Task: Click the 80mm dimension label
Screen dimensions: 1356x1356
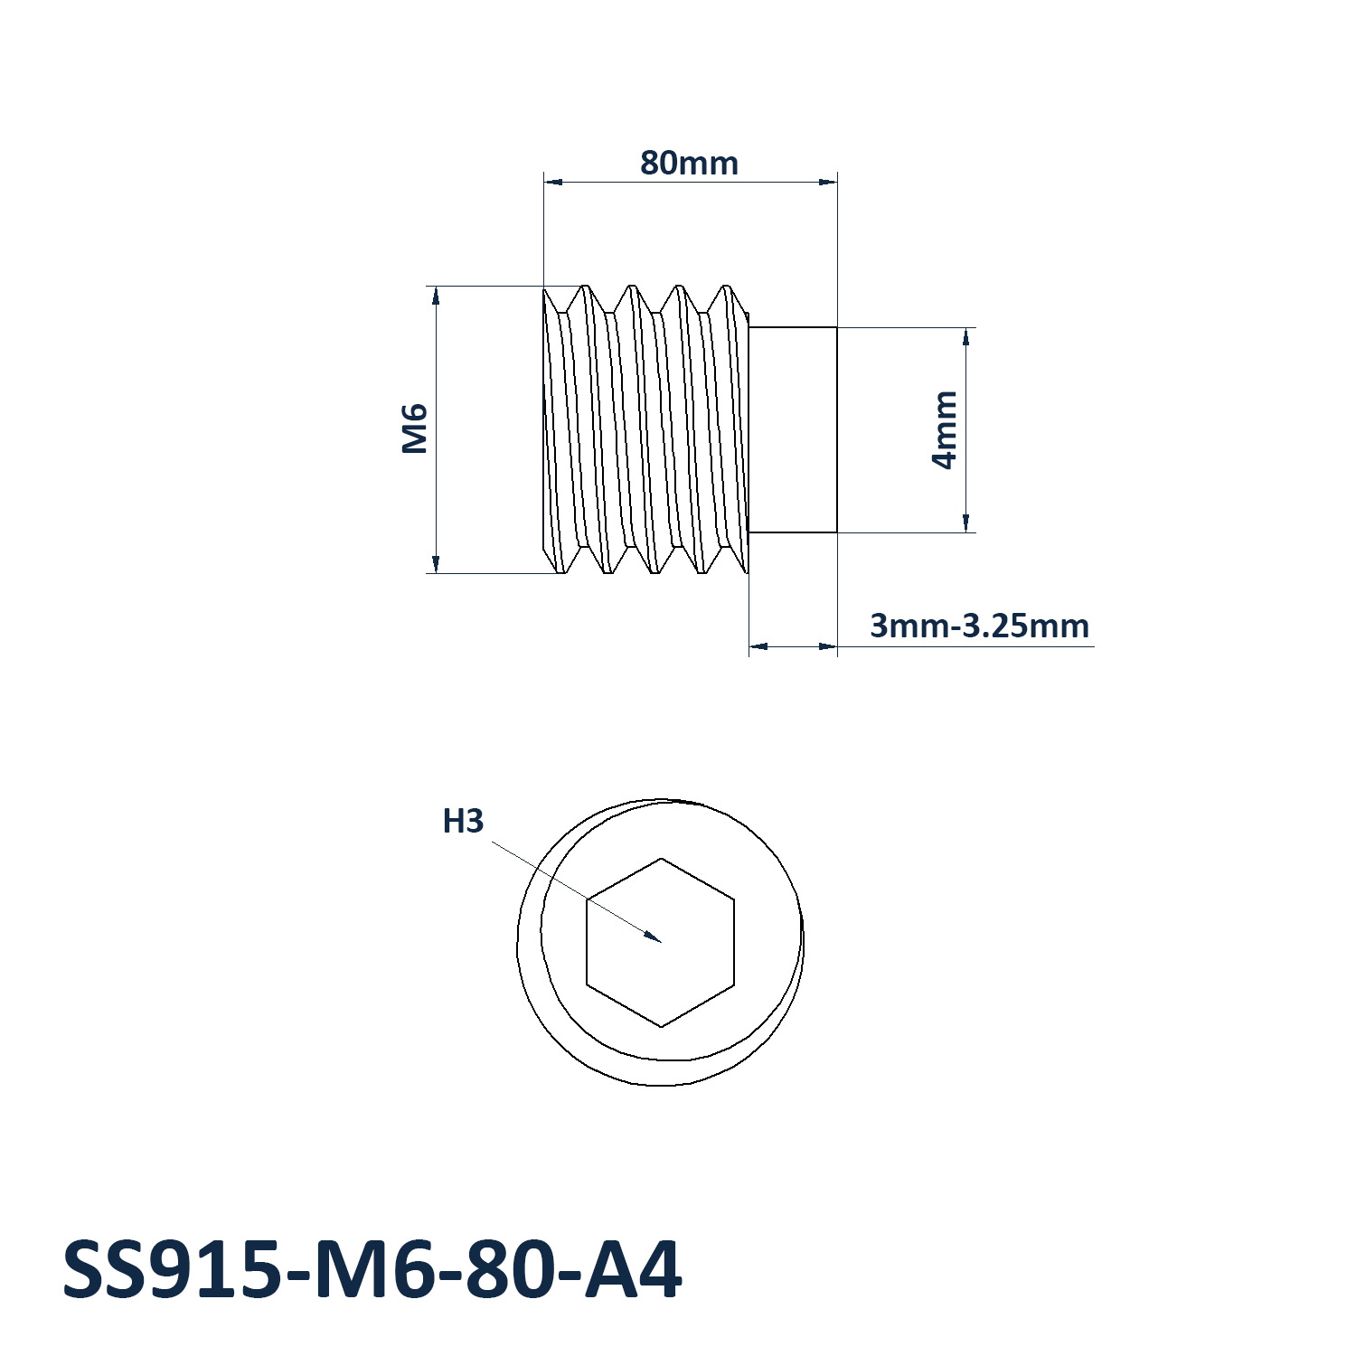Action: coord(689,163)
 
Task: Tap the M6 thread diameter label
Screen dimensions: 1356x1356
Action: coord(414,428)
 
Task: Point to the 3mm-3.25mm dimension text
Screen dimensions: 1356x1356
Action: coord(979,626)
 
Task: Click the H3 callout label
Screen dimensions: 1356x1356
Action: coord(463,821)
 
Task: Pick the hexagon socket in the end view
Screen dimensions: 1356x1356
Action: coord(661,942)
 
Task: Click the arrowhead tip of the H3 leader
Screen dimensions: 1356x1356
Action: coord(661,942)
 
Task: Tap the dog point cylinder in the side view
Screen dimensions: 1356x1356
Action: coord(793,429)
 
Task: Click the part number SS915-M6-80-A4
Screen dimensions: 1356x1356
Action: coord(372,1270)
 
